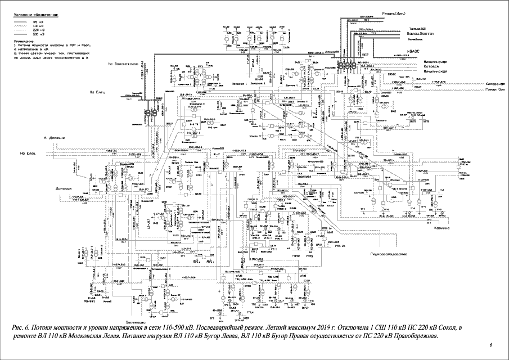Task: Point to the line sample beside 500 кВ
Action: click(22, 34)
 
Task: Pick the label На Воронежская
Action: click(124, 64)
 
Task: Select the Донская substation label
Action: click(64, 188)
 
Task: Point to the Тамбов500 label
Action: click(387, 28)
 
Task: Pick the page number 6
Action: click(490, 344)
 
